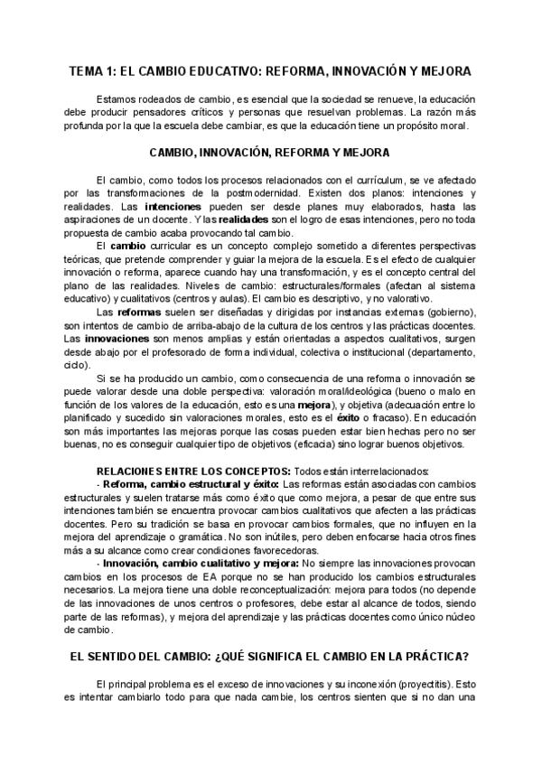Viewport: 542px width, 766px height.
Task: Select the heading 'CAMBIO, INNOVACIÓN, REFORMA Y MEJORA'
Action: (269, 152)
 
